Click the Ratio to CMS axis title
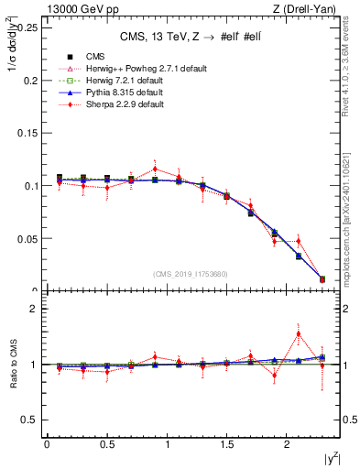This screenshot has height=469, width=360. click(11, 365)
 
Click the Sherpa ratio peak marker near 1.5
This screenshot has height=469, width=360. click(298, 334)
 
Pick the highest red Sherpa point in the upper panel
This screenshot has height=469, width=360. click(155, 169)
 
